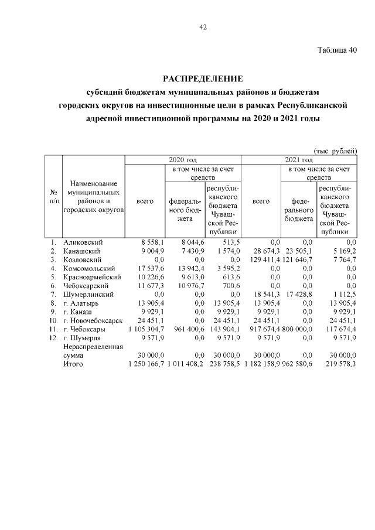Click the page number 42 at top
pyautogui.click(x=203, y=27)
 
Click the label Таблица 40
pyautogui.click(x=337, y=50)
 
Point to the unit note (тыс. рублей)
pyautogui.click(x=336, y=151)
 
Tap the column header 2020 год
pyautogui.click(x=182, y=159)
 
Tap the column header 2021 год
pyautogui.click(x=299, y=159)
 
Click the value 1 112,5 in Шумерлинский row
pyautogui.click(x=343, y=295)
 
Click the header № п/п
pyautogui.click(x=53, y=197)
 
